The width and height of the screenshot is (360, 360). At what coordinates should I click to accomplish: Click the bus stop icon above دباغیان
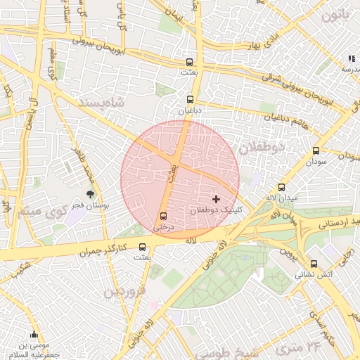pos(191,100)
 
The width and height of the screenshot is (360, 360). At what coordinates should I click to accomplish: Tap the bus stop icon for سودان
pos(316,150)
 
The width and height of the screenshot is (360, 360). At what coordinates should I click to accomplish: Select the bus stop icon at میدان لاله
pos(282,187)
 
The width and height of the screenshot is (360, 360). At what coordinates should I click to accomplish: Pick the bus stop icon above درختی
pos(164,216)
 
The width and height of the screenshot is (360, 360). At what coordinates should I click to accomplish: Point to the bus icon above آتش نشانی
pos(314,264)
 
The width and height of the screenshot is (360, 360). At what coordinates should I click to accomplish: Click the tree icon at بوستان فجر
pos(90,194)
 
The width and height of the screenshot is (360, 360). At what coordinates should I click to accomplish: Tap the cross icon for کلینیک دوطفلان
pos(216,200)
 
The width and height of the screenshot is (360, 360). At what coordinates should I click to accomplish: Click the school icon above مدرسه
pos(351,58)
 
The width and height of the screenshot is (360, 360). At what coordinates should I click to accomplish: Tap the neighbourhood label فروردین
pos(125,290)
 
